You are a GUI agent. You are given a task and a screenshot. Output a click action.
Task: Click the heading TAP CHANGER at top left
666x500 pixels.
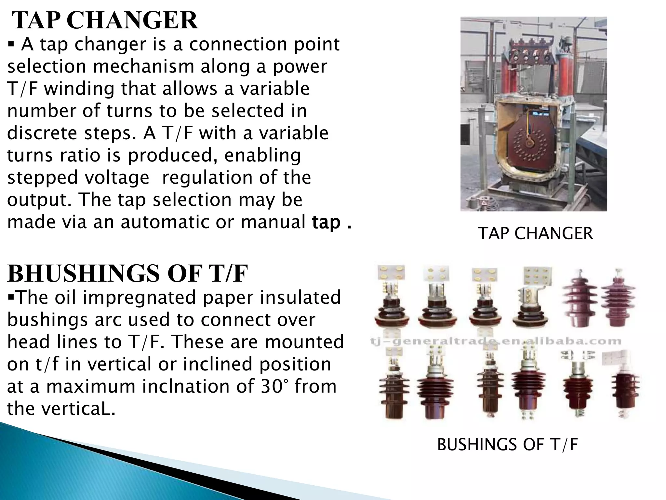coord(105,21)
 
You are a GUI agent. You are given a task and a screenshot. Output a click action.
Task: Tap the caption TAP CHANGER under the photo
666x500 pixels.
coord(535,233)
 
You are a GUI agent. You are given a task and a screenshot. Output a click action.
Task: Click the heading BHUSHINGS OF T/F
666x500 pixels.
coord(127,274)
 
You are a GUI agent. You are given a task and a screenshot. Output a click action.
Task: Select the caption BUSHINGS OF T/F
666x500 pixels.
coord(507,445)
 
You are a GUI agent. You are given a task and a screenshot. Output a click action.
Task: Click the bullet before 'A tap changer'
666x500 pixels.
coord(11,45)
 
